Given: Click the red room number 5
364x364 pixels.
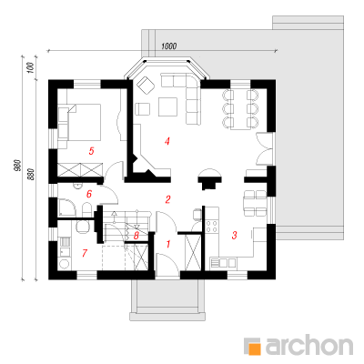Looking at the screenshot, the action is pos(91,151).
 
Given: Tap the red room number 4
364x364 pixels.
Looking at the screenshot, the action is pos(167,141).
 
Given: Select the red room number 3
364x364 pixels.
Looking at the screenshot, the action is pos(234,235).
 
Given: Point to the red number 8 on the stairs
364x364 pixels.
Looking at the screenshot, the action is pos(136,236).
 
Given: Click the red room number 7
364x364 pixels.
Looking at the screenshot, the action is pos(85,253).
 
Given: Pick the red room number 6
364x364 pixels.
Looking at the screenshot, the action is pos(89,194).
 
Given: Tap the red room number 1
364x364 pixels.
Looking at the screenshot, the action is pos(168,244).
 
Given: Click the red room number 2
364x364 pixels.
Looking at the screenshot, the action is pos(167,199).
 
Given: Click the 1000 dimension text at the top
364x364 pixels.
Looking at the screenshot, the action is pos(169,46).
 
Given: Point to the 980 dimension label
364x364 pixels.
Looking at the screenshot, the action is pos(18,166).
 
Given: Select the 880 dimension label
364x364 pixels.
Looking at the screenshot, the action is pos(32,175).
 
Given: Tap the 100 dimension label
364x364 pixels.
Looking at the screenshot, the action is pos(30,68).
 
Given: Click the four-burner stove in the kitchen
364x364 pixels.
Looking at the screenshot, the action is pos(212,227).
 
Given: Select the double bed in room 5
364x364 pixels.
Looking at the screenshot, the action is pos(79,122).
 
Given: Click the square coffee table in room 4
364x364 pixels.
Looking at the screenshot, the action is pos(167,106).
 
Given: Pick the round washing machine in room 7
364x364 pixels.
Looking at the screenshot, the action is pos(65,263).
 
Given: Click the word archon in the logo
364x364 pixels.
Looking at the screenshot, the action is pos(309,345).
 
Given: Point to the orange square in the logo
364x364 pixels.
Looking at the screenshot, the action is pos(255,349).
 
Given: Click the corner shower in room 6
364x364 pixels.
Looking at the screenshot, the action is pos(67,207).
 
